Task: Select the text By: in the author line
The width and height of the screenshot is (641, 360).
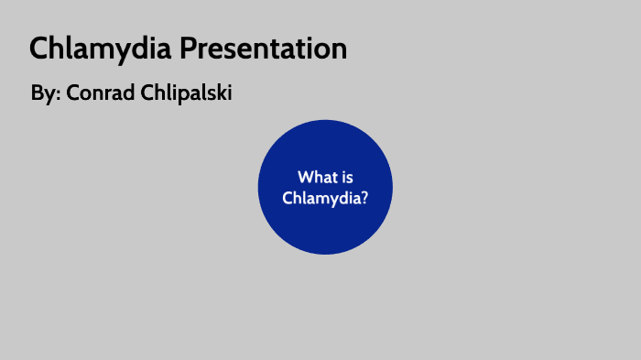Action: (44, 93)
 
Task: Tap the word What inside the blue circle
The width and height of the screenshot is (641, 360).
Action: (314, 177)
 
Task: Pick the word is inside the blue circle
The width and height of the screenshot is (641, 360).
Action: (346, 177)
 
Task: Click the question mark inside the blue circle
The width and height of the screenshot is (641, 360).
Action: (364, 197)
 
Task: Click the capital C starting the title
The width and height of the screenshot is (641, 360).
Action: (38, 49)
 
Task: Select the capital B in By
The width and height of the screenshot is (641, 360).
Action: (37, 93)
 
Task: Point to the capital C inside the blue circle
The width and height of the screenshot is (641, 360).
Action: (288, 197)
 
